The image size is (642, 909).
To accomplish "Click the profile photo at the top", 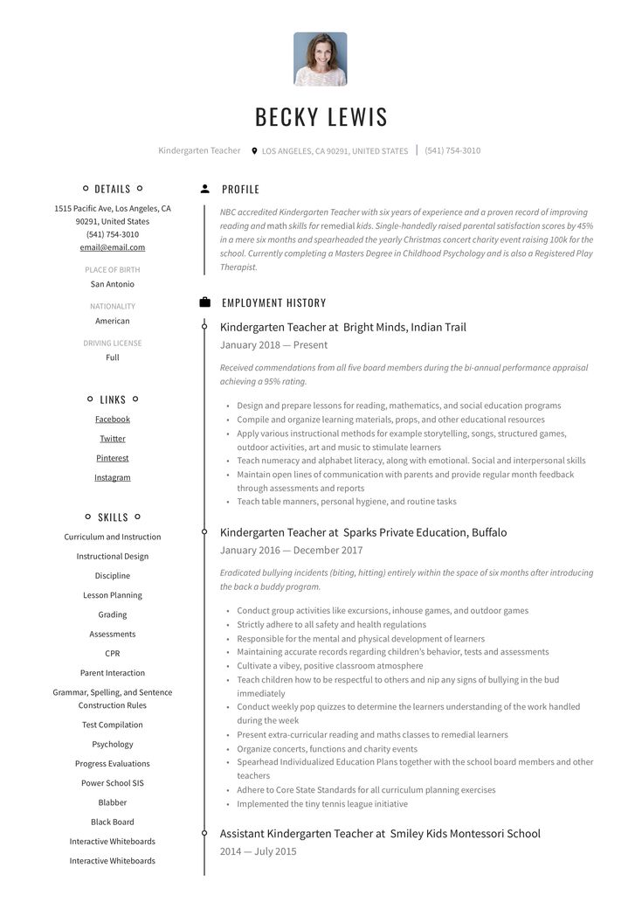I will click(x=320, y=59).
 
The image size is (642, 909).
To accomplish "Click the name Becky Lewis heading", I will click(x=321, y=116).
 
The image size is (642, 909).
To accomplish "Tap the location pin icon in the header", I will click(x=254, y=151).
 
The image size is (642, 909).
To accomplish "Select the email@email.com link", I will click(x=113, y=247).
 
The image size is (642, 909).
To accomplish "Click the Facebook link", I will click(x=113, y=420).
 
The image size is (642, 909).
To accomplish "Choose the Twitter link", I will click(x=113, y=439).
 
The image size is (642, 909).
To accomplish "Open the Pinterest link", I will click(x=113, y=458).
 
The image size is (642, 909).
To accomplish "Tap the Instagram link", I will click(x=113, y=477).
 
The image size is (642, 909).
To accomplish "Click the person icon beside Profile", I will click(x=204, y=189).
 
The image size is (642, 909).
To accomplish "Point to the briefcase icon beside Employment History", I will click(x=204, y=302).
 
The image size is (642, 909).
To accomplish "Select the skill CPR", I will click(x=113, y=654).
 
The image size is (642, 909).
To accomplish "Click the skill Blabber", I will click(x=113, y=802).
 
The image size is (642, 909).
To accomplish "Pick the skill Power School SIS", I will click(x=113, y=783).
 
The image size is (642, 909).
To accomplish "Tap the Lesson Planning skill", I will click(x=113, y=595).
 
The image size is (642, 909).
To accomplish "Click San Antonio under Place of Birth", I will click(x=113, y=284).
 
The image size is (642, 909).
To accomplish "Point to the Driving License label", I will click(x=113, y=343).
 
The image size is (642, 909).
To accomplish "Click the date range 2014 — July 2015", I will click(x=259, y=851).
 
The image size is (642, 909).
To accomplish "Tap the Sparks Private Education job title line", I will click(x=363, y=532).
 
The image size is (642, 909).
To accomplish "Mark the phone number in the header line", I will click(x=452, y=150).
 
